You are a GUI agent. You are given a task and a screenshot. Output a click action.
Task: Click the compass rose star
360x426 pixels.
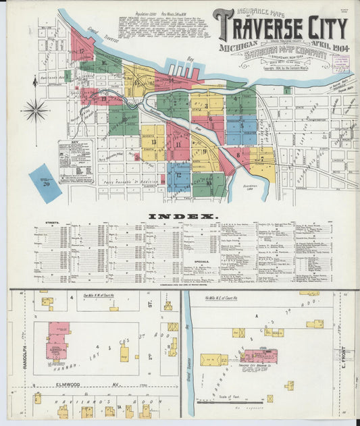pos(35,109)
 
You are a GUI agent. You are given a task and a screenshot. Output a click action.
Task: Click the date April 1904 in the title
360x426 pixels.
pos(329,48)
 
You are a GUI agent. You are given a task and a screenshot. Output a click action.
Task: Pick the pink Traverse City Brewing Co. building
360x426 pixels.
pos(260,356)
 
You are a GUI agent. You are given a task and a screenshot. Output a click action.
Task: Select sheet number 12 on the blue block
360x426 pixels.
pos(178,175)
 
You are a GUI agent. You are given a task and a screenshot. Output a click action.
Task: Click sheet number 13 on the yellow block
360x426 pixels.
pos(154,142)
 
